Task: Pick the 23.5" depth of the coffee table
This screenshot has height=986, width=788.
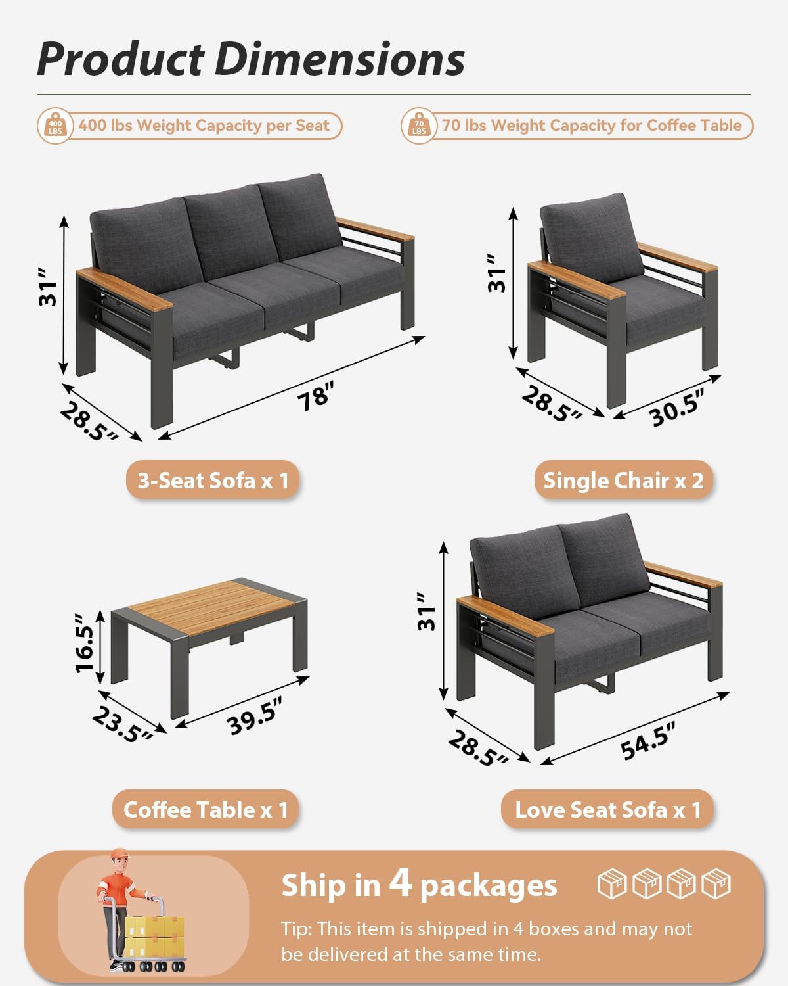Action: tap(122, 724)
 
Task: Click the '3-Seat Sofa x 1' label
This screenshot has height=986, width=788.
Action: tap(213, 481)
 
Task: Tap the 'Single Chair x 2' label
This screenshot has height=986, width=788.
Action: tap(623, 481)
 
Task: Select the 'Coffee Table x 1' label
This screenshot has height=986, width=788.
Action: tap(206, 809)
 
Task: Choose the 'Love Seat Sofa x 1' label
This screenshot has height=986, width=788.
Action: tap(607, 809)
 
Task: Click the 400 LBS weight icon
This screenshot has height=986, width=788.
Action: tap(56, 126)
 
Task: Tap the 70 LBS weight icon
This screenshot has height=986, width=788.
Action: tap(419, 126)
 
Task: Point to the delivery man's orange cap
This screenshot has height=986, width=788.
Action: tap(118, 855)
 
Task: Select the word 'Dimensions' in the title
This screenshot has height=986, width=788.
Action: tap(339, 59)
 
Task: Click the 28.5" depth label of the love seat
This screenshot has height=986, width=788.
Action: tap(478, 749)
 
